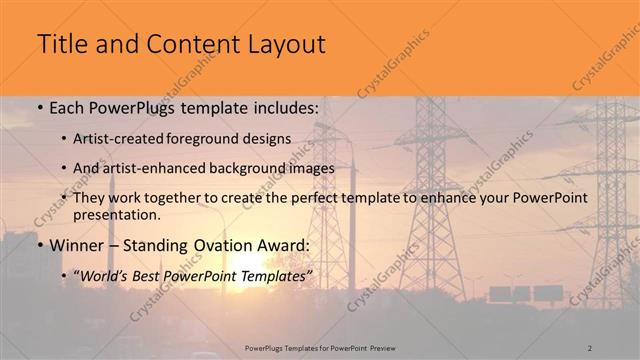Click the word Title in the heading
pyautogui.click(x=60, y=45)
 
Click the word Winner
pyautogui.click(x=76, y=245)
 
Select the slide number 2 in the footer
pyautogui.click(x=590, y=347)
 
